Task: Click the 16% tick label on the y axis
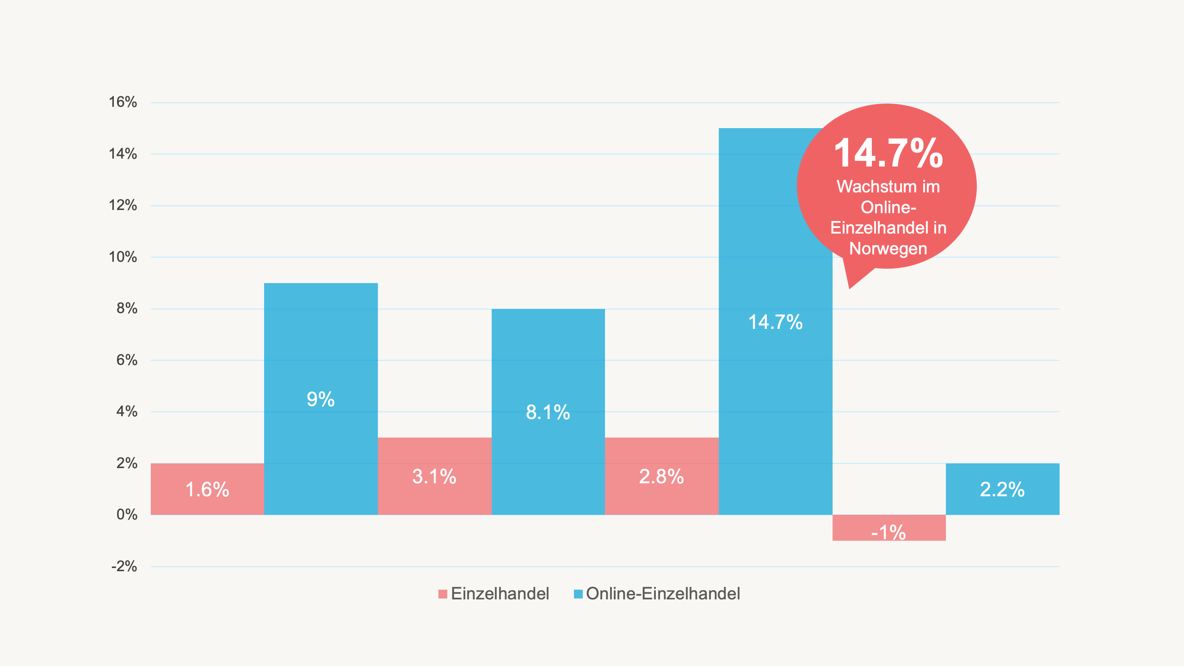[123, 102]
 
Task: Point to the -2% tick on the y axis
[124, 566]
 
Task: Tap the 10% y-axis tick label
[123, 257]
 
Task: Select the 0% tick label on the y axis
[127, 514]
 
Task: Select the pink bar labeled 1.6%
[207, 489]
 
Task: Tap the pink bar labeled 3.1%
[434, 476]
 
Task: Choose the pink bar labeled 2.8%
[661, 476]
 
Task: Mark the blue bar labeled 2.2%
[1002, 489]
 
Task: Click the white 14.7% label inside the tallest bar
[775, 322]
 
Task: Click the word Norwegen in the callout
[888, 248]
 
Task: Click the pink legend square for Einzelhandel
[443, 594]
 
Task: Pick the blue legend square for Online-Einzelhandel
[578, 594]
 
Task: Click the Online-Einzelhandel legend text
[663, 594]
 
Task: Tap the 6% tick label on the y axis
[127, 360]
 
